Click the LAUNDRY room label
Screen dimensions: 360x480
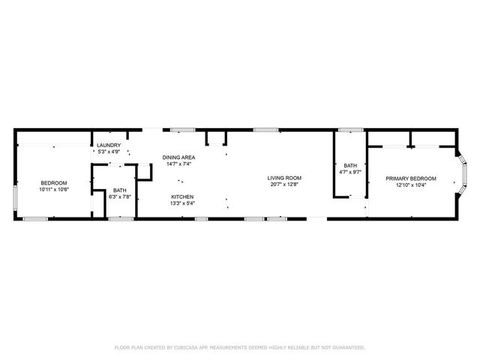109,145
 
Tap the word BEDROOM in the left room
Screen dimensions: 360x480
54,183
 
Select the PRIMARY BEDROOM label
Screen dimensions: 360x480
410,178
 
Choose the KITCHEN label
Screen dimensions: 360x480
182,196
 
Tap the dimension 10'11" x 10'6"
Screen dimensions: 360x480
54,190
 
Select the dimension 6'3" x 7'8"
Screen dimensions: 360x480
120,197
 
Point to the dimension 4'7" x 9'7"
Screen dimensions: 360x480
350,172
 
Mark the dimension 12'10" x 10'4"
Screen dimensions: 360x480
410,185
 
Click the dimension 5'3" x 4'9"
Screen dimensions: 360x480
109,151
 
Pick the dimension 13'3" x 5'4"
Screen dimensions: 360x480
182,203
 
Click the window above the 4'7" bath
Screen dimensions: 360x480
349,130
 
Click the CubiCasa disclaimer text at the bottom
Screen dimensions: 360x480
239,347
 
